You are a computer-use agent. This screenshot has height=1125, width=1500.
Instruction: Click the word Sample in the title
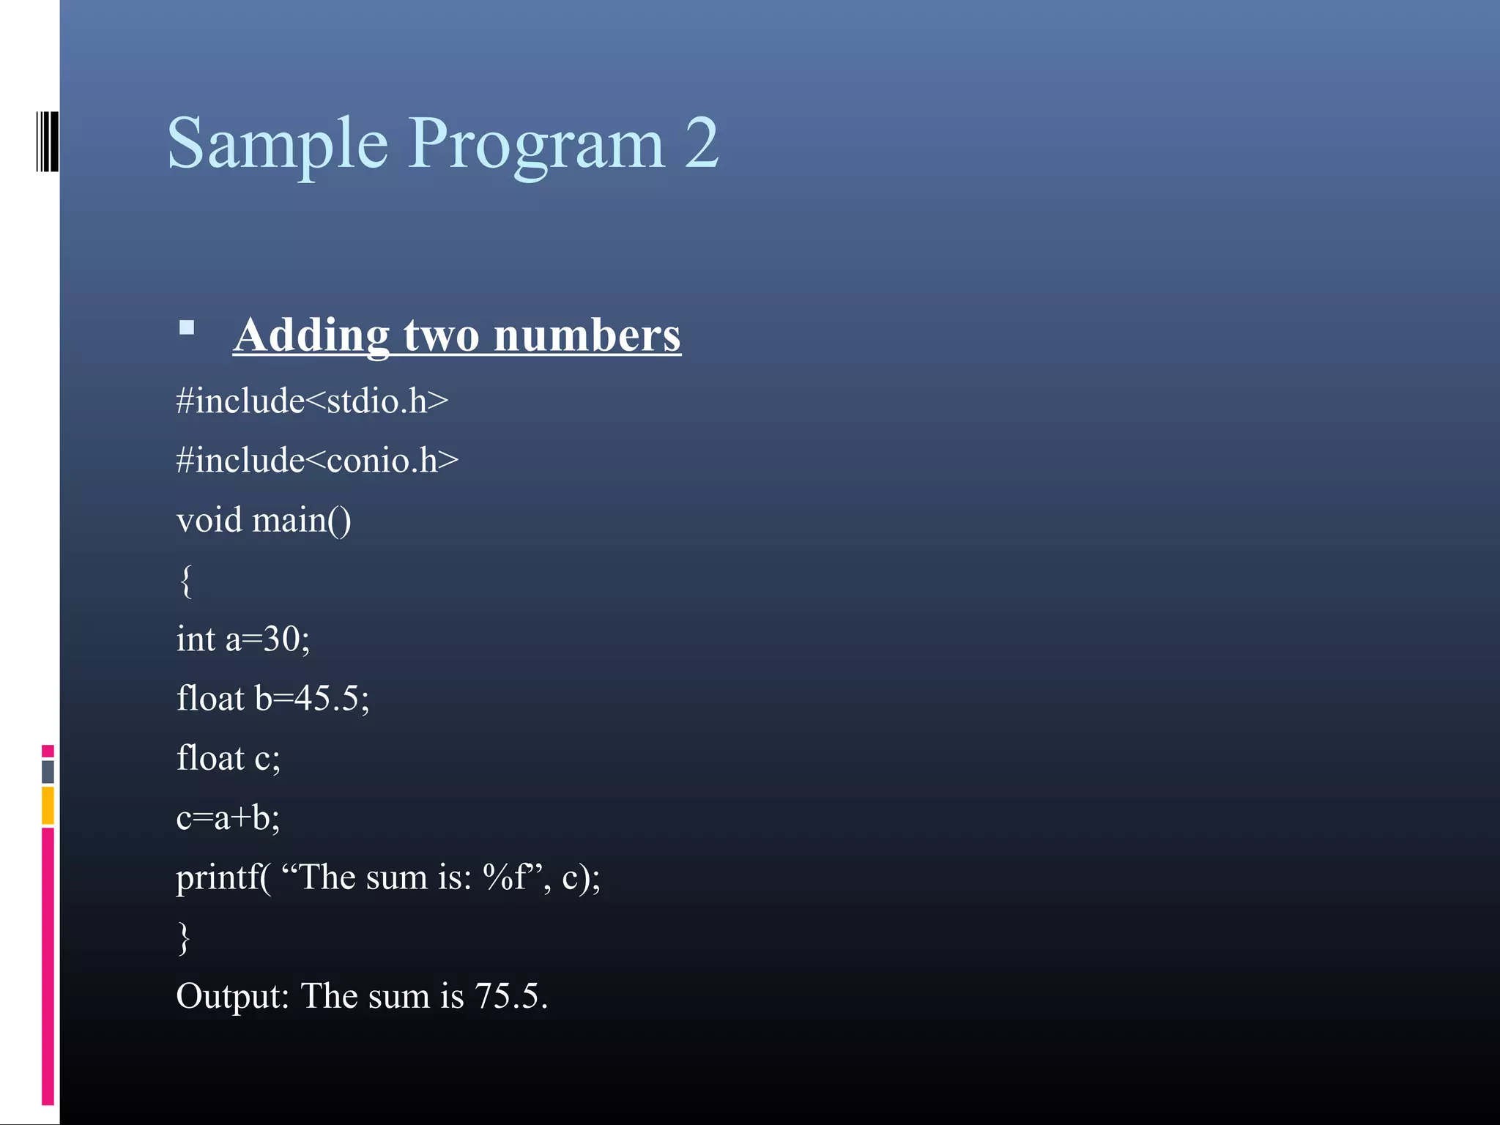[277, 144]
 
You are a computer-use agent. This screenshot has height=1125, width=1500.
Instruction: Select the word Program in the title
[535, 144]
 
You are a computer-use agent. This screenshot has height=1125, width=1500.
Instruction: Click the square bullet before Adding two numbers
[187, 327]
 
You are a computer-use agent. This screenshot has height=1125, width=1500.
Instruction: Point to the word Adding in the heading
[311, 335]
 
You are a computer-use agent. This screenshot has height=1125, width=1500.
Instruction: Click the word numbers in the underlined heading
[587, 335]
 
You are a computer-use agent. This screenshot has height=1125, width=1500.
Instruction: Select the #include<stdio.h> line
[312, 401]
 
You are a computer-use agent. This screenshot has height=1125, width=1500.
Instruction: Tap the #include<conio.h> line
[317, 461]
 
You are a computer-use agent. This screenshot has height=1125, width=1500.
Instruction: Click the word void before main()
[209, 520]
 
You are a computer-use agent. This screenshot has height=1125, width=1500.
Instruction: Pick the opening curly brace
[186, 581]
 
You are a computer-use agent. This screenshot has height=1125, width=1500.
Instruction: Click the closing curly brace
[185, 937]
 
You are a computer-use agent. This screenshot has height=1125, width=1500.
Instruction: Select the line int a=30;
[242, 639]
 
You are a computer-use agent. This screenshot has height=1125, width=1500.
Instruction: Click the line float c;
[228, 758]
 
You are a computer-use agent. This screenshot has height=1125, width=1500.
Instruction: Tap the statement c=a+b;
[228, 817]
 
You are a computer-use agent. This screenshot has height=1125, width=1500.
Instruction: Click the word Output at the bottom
[232, 997]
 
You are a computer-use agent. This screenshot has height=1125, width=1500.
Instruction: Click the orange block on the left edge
[48, 805]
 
